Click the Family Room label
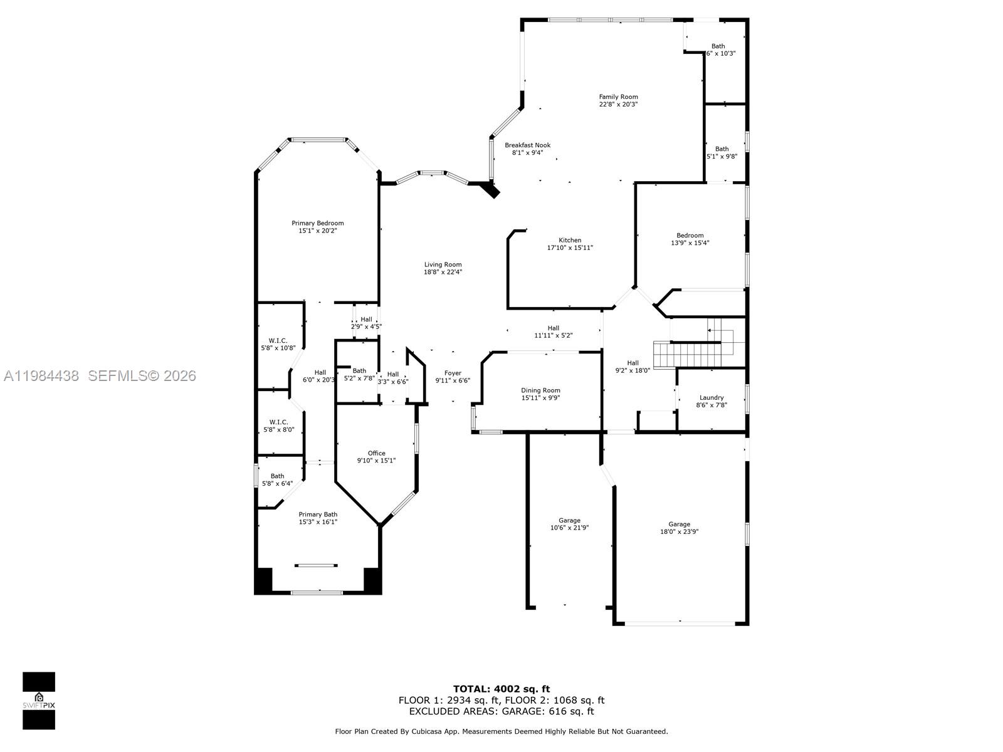(618, 97)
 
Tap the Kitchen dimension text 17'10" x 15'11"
(570, 248)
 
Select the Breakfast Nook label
(527, 145)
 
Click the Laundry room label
(712, 397)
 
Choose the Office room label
(376, 453)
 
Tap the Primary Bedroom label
(317, 223)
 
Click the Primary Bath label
(318, 514)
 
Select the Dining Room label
(540, 390)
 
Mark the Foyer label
(453, 373)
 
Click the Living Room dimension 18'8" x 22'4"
(443, 272)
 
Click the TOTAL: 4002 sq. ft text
(501, 689)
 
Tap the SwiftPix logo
(39, 701)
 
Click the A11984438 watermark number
(41, 375)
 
